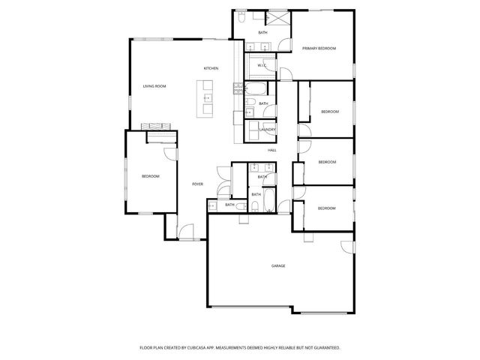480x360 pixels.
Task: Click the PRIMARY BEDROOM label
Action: click(319, 48)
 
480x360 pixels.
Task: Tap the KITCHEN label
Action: click(211, 69)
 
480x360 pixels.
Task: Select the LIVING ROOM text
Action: click(154, 86)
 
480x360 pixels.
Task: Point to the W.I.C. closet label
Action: click(262, 65)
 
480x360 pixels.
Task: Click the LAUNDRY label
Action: click(267, 130)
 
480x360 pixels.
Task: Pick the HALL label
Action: click(272, 150)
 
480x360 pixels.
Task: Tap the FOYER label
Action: click(198, 184)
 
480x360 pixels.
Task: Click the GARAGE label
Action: click(278, 265)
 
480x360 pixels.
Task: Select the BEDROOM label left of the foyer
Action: click(151, 176)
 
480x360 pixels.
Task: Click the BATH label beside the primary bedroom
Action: click(262, 33)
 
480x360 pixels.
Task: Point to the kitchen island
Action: click(205, 99)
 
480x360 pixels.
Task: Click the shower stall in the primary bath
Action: click(280, 19)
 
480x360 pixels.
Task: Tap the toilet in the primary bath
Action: click(243, 16)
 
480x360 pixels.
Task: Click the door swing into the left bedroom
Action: click(169, 151)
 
